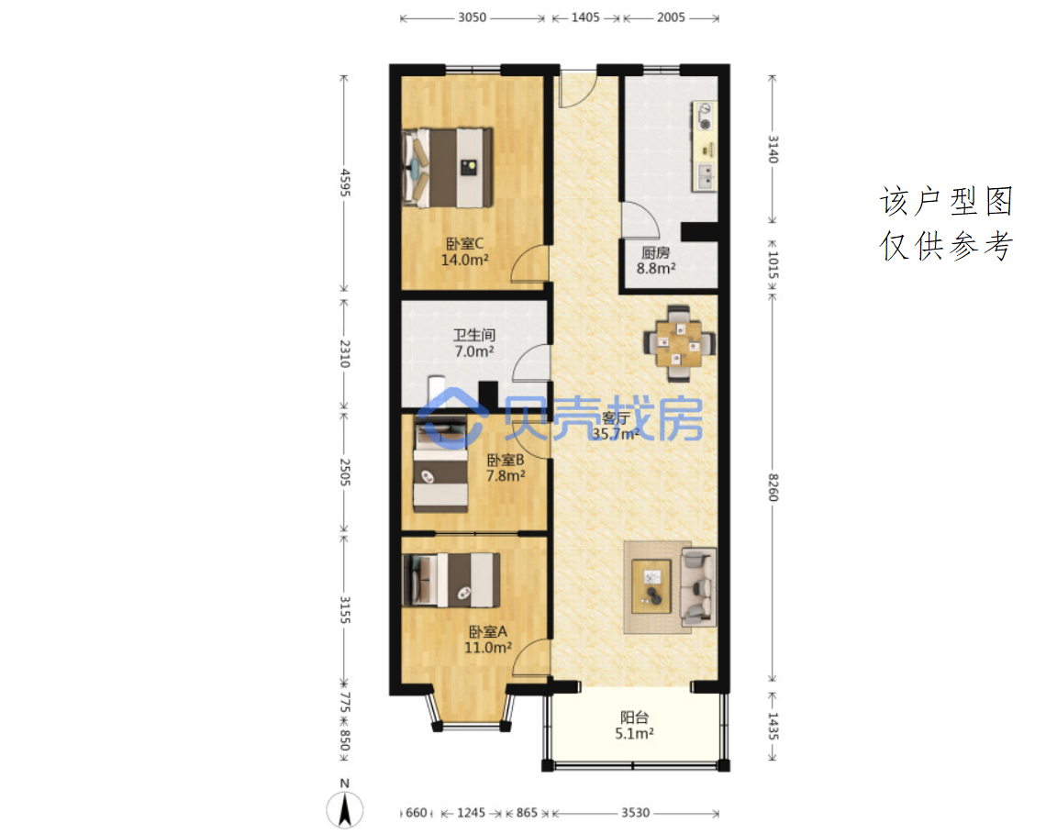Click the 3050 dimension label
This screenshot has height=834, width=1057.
pyautogui.click(x=472, y=17)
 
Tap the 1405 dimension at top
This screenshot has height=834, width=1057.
pyautogui.click(x=585, y=17)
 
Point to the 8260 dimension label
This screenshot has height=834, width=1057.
pyautogui.click(x=773, y=487)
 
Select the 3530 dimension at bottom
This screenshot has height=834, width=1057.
pyautogui.click(x=636, y=812)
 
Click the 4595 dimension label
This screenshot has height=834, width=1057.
pyautogui.click(x=345, y=183)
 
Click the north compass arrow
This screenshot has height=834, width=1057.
pyautogui.click(x=345, y=809)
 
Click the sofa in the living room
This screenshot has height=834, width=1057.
pyautogui.click(x=698, y=586)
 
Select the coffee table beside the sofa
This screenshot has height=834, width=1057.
pyautogui.click(x=651, y=586)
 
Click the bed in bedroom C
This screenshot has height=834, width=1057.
pyautogui.click(x=447, y=167)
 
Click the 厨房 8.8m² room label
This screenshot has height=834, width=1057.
pyautogui.click(x=656, y=261)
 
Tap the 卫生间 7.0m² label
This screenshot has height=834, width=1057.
pyautogui.click(x=473, y=343)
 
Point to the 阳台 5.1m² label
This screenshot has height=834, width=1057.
pyautogui.click(x=634, y=726)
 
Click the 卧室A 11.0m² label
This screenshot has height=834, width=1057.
pyautogui.click(x=487, y=639)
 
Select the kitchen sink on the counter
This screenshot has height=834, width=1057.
pyautogui.click(x=705, y=176)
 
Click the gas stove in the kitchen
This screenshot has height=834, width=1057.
pyautogui.click(x=705, y=116)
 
